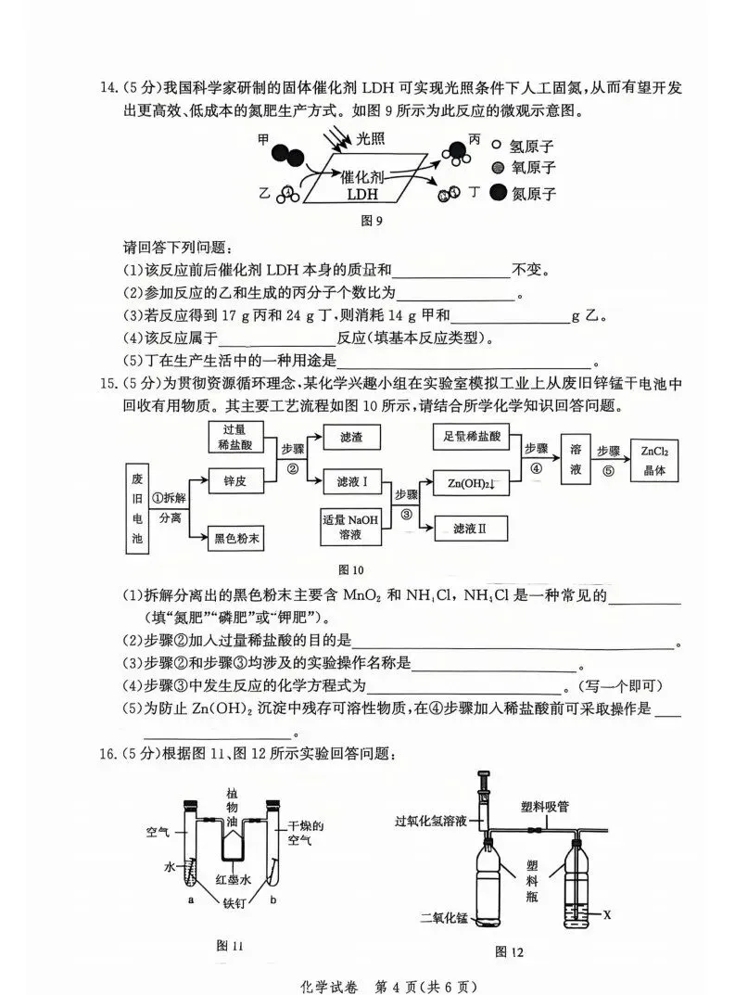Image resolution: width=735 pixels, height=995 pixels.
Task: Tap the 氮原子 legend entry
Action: tap(524, 193)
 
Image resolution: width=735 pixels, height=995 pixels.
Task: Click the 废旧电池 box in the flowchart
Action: tap(139, 511)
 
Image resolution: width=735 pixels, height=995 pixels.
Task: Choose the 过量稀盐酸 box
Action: tap(234, 437)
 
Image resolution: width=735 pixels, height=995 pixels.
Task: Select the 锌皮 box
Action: tap(234, 481)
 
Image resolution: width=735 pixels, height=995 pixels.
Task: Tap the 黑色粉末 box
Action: tap(234, 537)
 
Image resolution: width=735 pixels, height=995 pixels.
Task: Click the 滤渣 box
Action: tap(352, 436)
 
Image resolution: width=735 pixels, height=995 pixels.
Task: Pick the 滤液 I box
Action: tap(352, 481)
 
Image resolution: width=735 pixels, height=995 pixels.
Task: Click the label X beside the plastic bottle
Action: tap(607, 915)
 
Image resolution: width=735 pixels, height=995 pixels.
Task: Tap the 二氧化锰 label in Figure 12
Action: tap(445, 918)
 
